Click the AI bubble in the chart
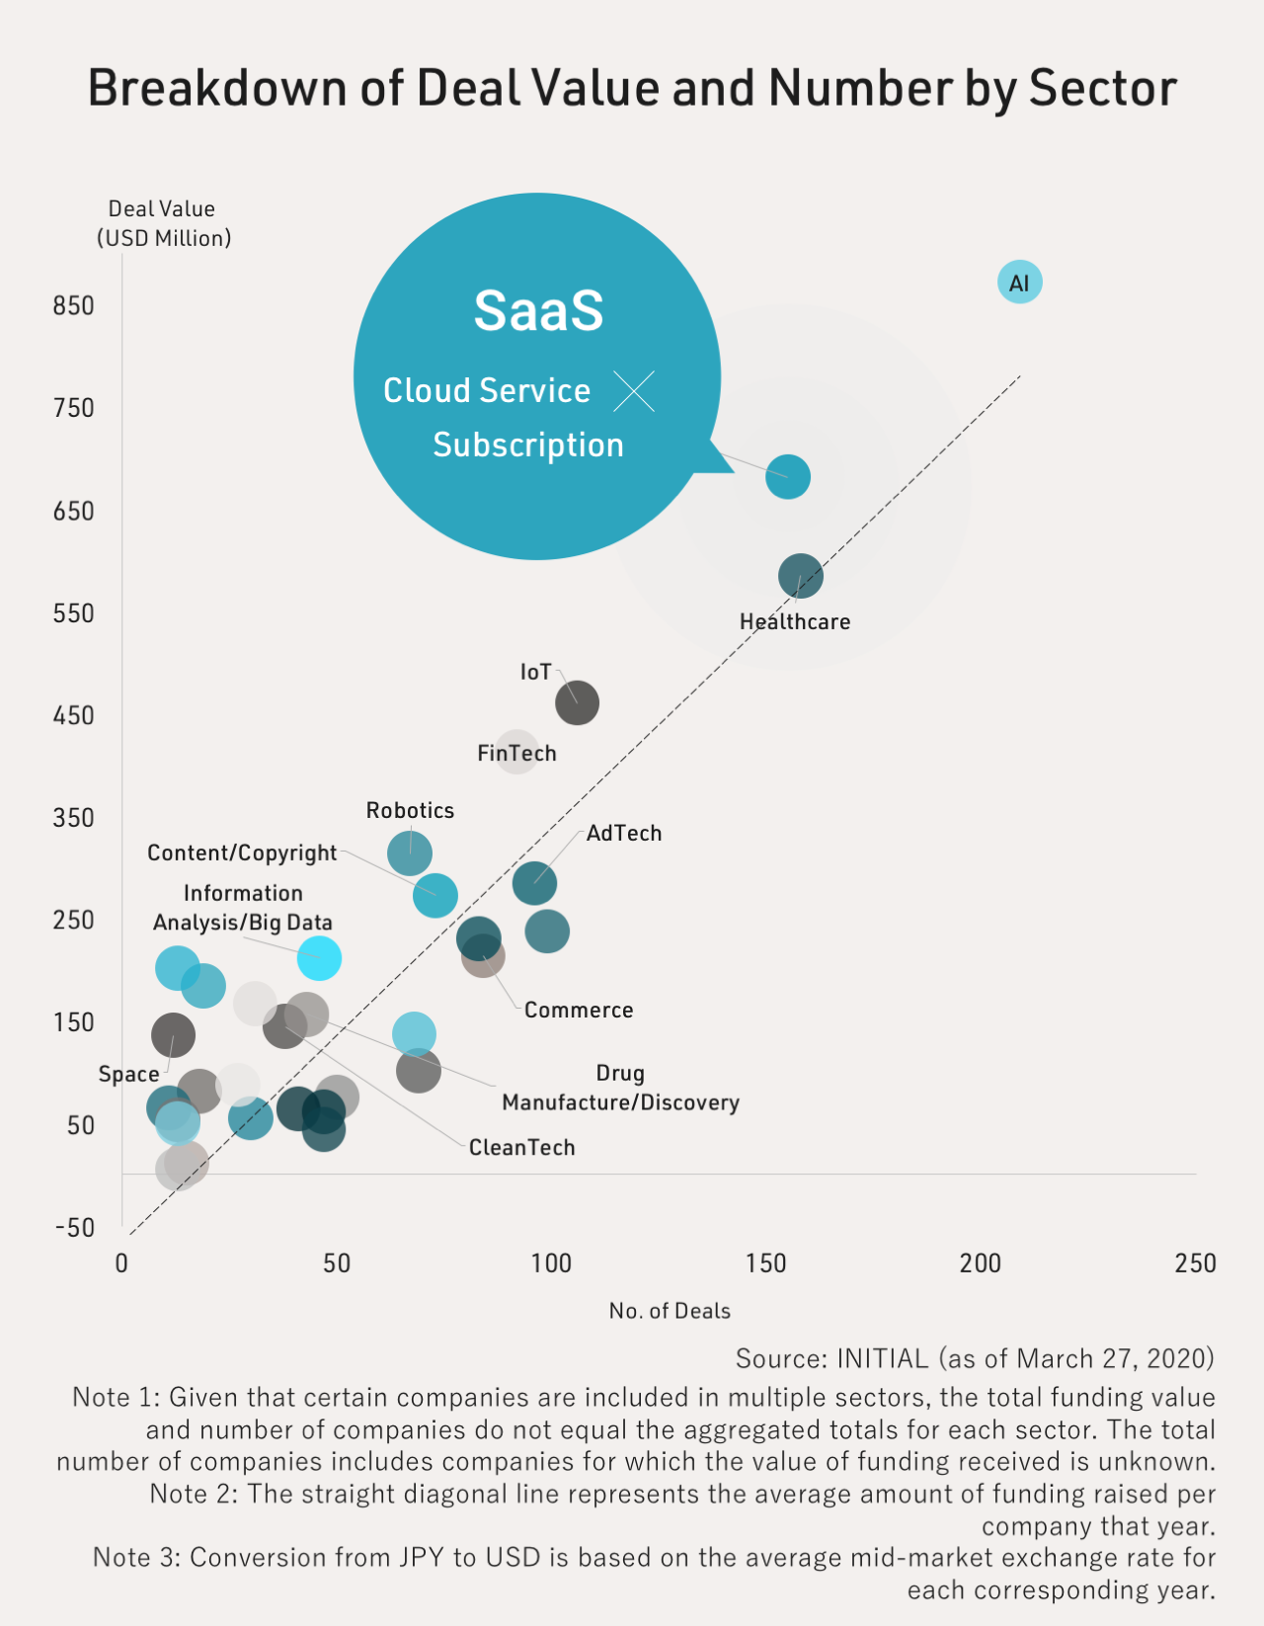tap(1019, 283)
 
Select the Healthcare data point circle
tap(800, 576)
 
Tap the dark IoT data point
tap(577, 703)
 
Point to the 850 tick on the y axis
tap(74, 306)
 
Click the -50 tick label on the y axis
tap(74, 1228)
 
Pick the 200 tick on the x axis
tap(981, 1263)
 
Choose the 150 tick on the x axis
tap(765, 1263)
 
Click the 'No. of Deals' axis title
tap(670, 1311)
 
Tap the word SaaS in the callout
tap(538, 310)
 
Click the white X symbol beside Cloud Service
tap(633, 391)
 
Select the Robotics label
tap(410, 811)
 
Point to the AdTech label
tap(624, 834)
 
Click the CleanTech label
tap(521, 1148)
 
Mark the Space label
tap(128, 1075)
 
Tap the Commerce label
tap(579, 1011)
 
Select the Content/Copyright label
tap(242, 854)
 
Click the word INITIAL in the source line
tap(882, 1359)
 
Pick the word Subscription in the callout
tap(528, 446)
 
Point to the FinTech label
tap(516, 754)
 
